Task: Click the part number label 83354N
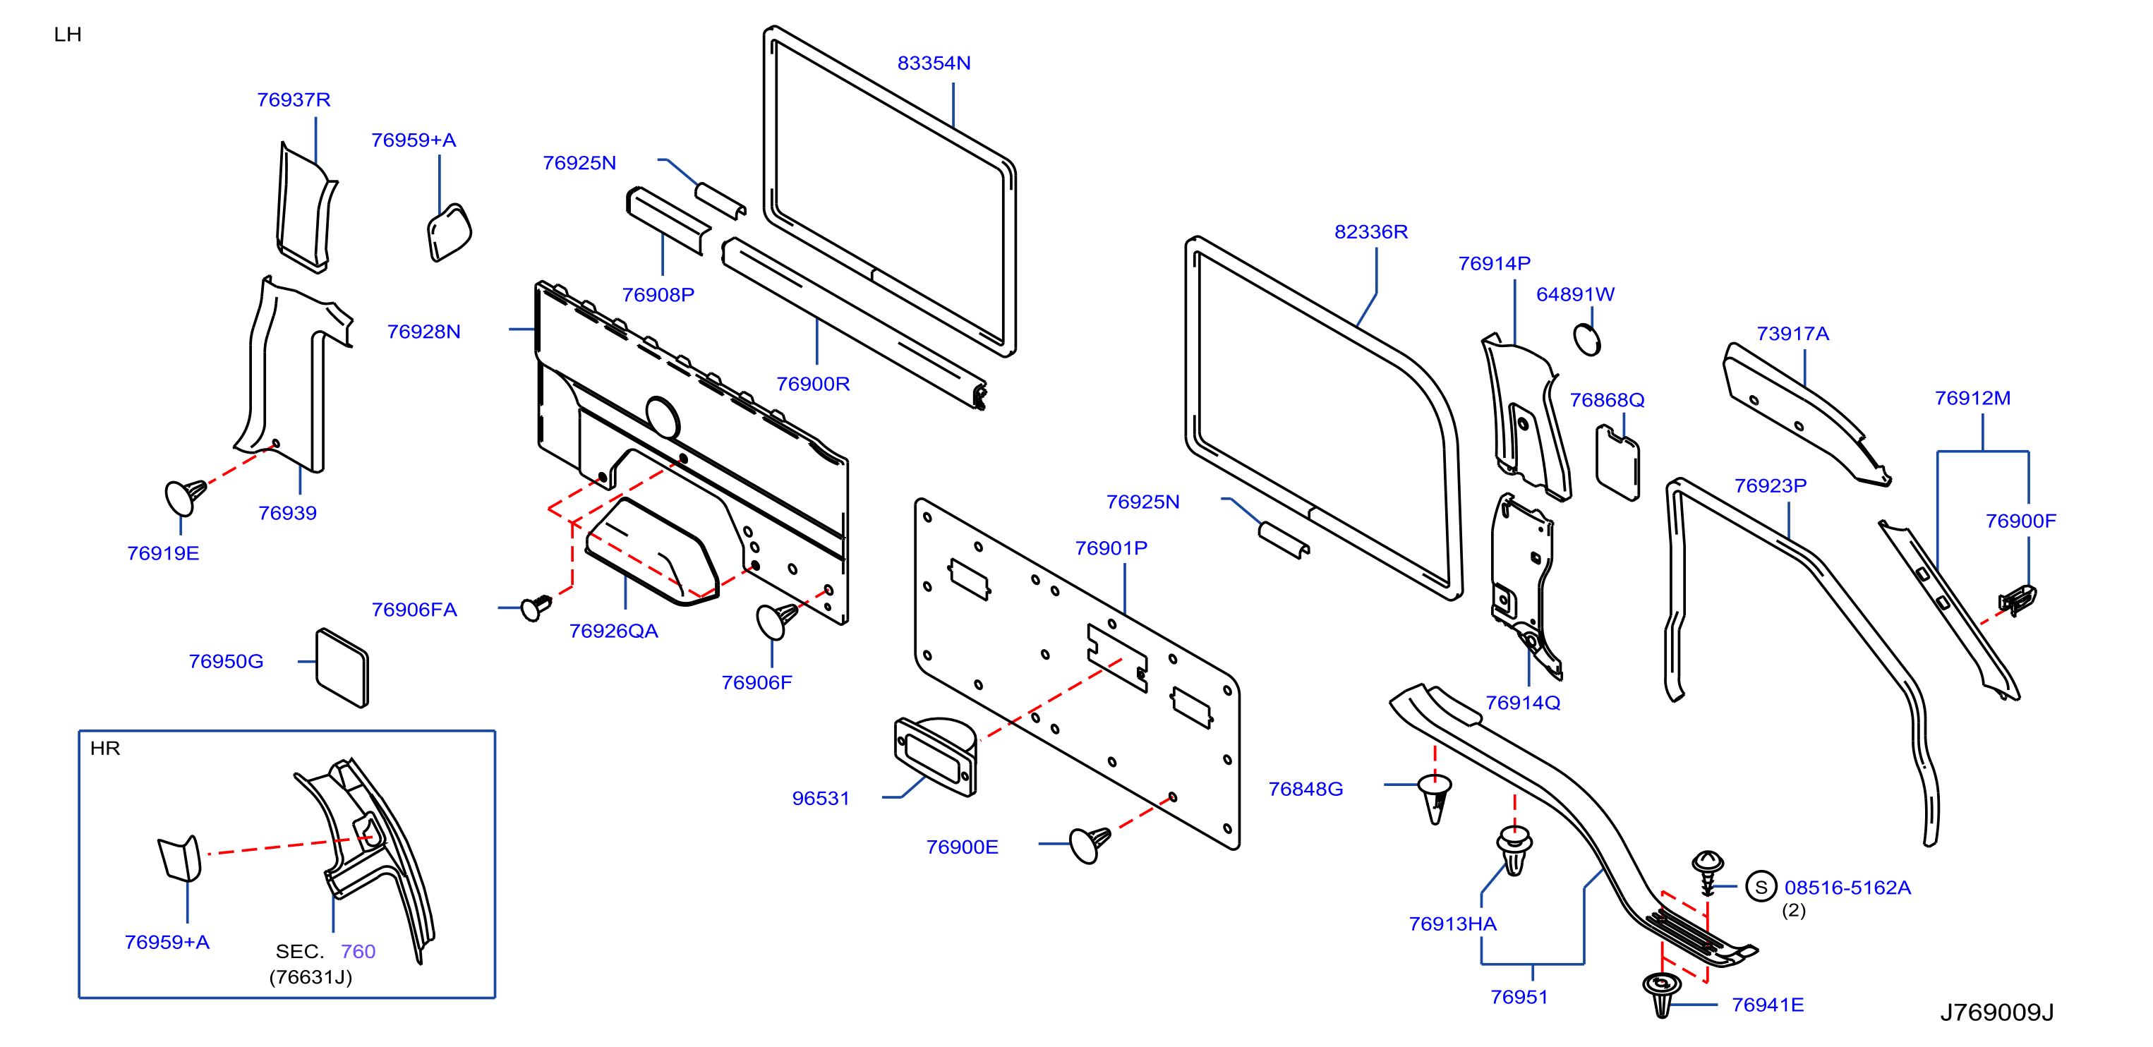pyautogui.click(x=934, y=63)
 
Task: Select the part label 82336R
pyautogui.click(x=1370, y=232)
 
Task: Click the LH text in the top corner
pyautogui.click(x=68, y=35)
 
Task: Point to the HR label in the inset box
pyautogui.click(x=105, y=749)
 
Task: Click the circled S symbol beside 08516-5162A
pyautogui.click(x=1761, y=887)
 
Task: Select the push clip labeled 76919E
pyautogui.click(x=185, y=497)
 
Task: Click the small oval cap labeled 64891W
pyautogui.click(x=1586, y=340)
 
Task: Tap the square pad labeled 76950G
pyautogui.click(x=342, y=667)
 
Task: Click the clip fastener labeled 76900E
pyautogui.click(x=1089, y=844)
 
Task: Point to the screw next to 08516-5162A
pyautogui.click(x=1707, y=872)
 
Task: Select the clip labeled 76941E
pyautogui.click(x=1662, y=993)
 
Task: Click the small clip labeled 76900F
pyautogui.click(x=2017, y=599)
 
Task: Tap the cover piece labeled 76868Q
pyautogui.click(x=1617, y=463)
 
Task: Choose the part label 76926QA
pyautogui.click(x=613, y=631)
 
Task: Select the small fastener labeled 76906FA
pyautogui.click(x=536, y=607)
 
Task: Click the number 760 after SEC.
pyautogui.click(x=358, y=952)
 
